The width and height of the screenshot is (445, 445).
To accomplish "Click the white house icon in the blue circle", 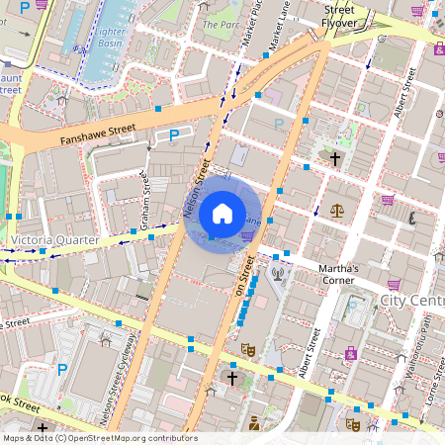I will [222, 213].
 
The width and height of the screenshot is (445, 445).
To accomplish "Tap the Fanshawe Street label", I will [97, 129].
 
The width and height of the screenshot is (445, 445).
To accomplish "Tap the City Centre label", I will [411, 300].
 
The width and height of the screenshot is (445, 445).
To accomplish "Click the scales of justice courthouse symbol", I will [338, 211].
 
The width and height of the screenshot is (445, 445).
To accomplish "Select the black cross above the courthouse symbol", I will [335, 158].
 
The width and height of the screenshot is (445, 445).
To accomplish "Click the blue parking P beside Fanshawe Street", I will [175, 134].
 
